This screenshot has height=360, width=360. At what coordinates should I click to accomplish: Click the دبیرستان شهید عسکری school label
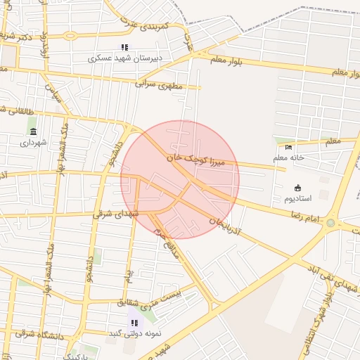click(x=125, y=58)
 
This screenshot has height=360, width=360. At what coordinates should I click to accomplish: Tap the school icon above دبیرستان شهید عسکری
click(x=125, y=47)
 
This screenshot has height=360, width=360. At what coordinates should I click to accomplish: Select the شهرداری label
click(x=33, y=143)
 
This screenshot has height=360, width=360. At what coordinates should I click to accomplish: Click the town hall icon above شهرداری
click(x=33, y=131)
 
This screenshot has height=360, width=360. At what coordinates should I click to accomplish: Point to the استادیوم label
click(x=298, y=199)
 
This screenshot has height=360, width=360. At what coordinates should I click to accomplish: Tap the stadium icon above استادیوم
click(x=298, y=188)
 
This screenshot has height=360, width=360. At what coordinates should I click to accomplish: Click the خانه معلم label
click(x=289, y=158)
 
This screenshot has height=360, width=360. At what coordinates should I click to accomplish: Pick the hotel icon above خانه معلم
click(x=289, y=147)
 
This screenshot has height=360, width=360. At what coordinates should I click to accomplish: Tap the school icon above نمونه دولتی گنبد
click(x=134, y=323)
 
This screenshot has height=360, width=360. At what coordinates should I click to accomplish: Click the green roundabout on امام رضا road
click(x=330, y=224)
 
